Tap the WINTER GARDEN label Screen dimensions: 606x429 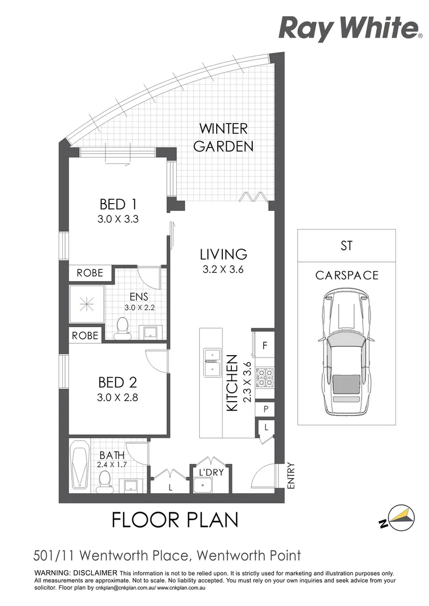223,137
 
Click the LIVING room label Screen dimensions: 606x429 223,254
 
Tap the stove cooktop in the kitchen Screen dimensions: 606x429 264,377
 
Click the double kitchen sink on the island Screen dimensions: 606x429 212,362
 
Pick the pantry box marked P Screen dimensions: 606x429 264,410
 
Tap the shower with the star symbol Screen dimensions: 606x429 87,304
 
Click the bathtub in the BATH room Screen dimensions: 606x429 80,466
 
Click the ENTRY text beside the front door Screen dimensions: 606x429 291,475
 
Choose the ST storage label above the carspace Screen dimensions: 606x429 346,245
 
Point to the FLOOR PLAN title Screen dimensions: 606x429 175,520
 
